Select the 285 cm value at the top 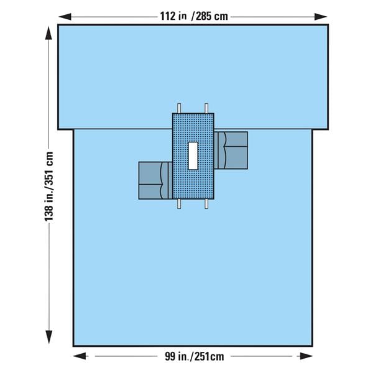(x=211, y=16)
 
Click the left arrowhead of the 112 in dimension (x=62, y=16)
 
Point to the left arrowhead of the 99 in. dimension (x=78, y=356)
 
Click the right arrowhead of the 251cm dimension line (x=308, y=356)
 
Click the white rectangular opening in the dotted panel (x=193, y=155)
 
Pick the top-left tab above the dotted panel (x=179, y=108)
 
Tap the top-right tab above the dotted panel (x=206, y=108)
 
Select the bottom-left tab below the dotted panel (x=179, y=204)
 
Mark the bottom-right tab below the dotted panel (x=206, y=204)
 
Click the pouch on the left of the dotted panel (x=155, y=180)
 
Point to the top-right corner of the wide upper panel (x=327, y=25)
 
